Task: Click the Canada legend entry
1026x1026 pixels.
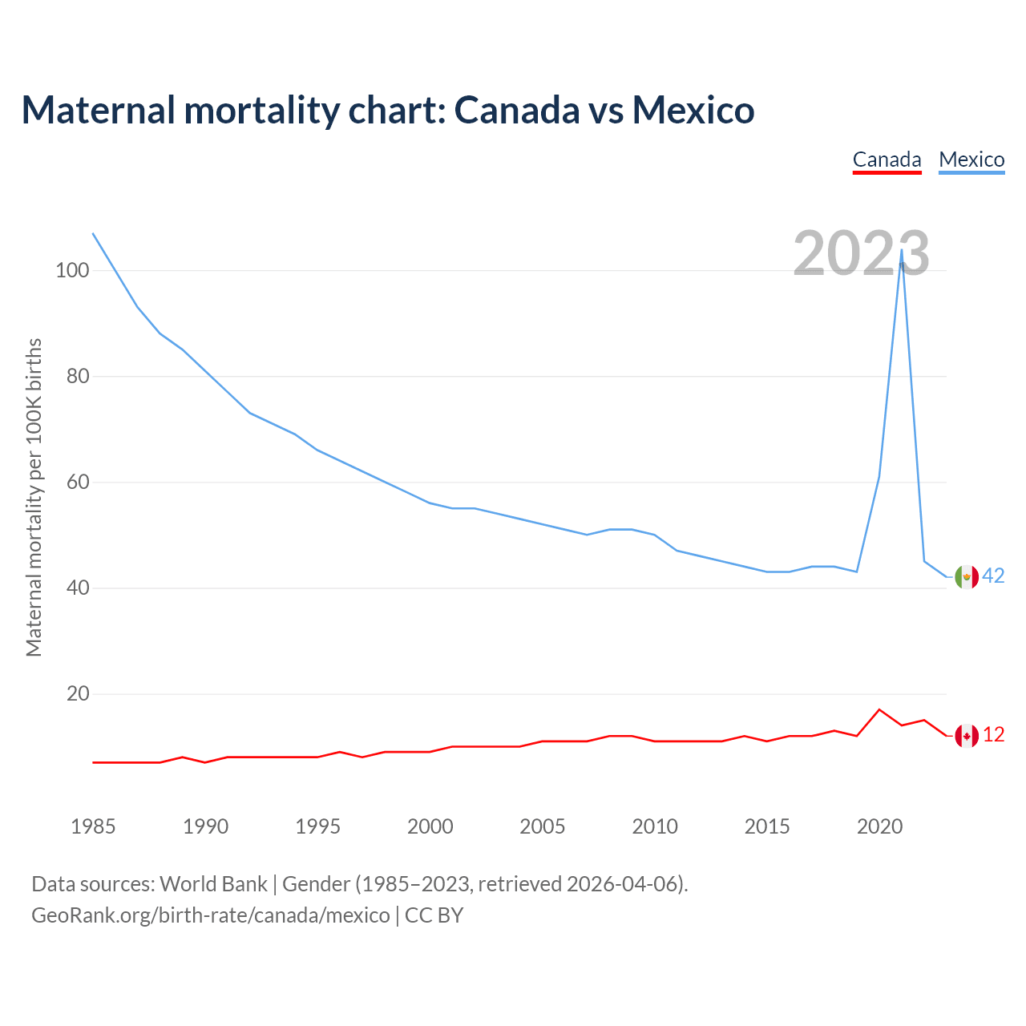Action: click(887, 160)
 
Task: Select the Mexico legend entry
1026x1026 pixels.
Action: click(971, 160)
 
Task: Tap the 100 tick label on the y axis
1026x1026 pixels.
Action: click(72, 270)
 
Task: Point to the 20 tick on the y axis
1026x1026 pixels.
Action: click(78, 693)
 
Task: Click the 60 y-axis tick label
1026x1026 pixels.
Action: click(78, 482)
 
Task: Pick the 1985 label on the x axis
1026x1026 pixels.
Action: click(93, 826)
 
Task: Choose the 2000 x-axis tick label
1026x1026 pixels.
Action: click(430, 826)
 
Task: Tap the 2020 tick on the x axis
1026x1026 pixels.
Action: click(879, 826)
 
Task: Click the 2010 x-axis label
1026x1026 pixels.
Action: click(655, 826)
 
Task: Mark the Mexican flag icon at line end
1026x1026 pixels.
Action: click(967, 576)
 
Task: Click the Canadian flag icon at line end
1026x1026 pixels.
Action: click(967, 735)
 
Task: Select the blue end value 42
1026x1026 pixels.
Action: click(994, 576)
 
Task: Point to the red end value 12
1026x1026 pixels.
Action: click(994, 734)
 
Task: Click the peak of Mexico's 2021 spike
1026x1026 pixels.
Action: click(902, 249)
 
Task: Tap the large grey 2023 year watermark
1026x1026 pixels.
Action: click(861, 253)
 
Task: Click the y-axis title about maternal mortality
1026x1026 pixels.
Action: click(34, 497)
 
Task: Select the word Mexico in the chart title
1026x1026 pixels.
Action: click(693, 110)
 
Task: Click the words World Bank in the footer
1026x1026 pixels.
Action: click(213, 883)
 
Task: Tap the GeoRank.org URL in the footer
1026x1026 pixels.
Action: click(210, 915)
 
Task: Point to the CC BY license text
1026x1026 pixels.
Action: click(434, 915)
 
